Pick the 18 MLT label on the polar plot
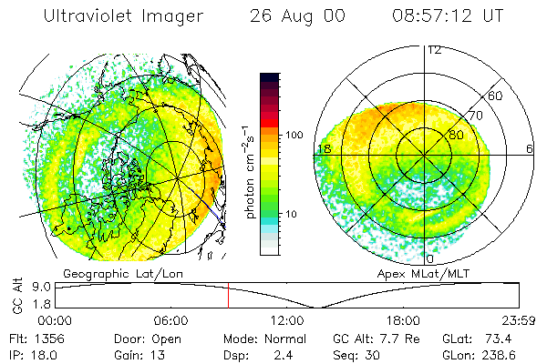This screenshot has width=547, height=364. click(x=323, y=147)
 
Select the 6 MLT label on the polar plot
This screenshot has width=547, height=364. click(x=530, y=147)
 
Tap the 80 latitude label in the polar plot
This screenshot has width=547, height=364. click(x=455, y=135)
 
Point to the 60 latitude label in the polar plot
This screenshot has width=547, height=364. click(x=496, y=96)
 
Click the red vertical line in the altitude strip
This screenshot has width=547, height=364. click(x=228, y=297)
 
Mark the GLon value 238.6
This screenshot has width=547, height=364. click(x=506, y=352)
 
